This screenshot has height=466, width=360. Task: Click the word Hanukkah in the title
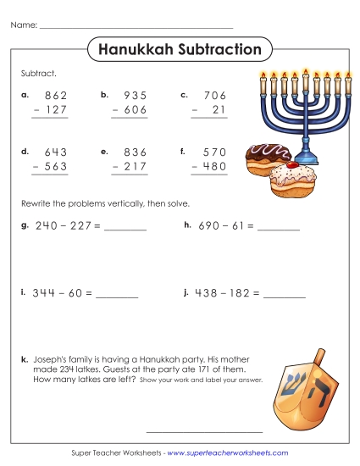tap(132, 50)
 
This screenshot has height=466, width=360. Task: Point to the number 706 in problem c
tap(216, 97)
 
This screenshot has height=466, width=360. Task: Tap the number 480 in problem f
tap(215, 167)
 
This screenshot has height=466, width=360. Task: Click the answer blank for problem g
tap(125, 229)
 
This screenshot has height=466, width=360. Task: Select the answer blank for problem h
tap(279, 229)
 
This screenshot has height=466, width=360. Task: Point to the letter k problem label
tap(24, 360)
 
